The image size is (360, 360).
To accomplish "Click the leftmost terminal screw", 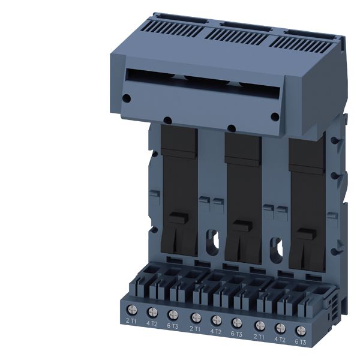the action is click(x=132, y=310).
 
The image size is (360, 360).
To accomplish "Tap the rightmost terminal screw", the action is click(x=301, y=331).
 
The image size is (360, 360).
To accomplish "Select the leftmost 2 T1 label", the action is click(x=131, y=321).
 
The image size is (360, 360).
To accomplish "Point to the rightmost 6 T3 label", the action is click(x=301, y=342).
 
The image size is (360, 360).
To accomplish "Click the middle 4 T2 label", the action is click(x=216, y=332).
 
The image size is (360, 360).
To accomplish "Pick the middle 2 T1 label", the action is click(x=195, y=329).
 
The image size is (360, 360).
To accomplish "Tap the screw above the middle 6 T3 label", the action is click(x=237, y=323).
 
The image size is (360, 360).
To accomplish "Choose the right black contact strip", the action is click(x=307, y=205).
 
